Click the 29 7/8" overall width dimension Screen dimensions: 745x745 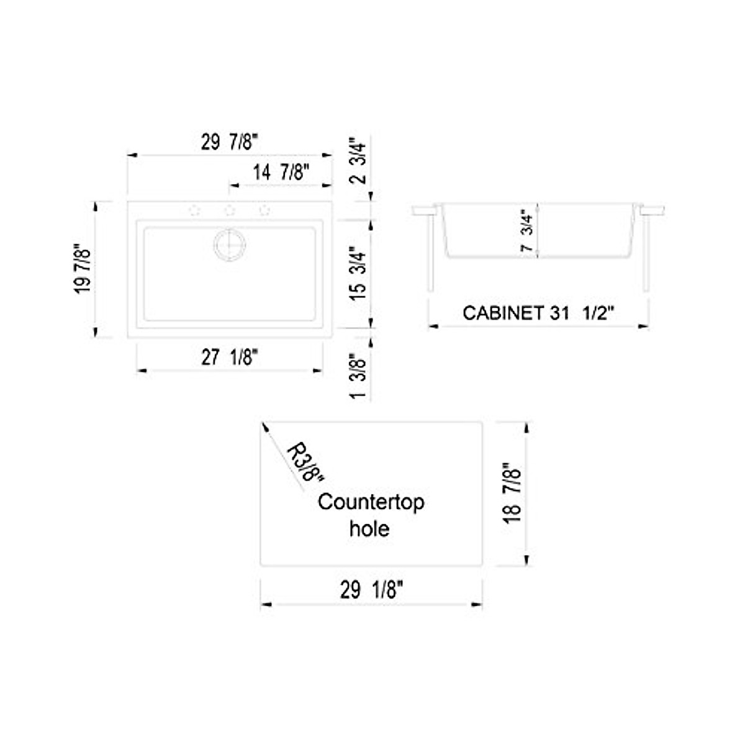pos(229,143)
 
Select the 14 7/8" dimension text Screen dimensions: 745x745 pos(281,172)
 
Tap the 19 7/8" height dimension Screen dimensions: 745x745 pos(83,269)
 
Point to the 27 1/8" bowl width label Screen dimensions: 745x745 pos(229,358)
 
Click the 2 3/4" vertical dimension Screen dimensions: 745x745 pos(359,161)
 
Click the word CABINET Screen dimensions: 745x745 pos(503,313)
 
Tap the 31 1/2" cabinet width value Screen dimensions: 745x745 pos(582,313)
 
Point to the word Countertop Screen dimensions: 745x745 pos(371,502)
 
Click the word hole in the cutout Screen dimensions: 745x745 pos(369,528)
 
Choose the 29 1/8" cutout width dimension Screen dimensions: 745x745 pos(371,590)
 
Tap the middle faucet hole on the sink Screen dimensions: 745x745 pos(229,210)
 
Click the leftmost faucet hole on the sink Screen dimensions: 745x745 pos(194,210)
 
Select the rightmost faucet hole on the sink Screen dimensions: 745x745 pos(264,210)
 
